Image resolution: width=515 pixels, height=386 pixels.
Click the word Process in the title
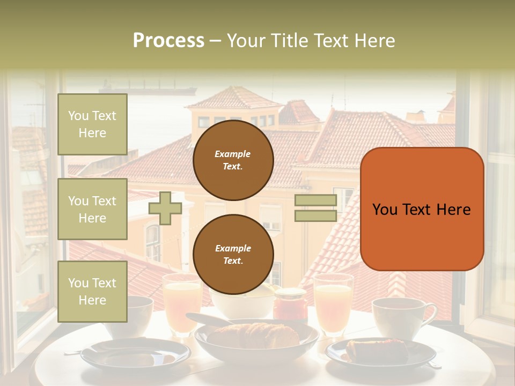168,41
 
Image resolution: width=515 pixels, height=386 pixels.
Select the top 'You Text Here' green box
92,124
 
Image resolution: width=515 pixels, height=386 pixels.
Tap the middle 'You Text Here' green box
92,209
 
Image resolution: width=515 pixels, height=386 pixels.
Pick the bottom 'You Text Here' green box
92,292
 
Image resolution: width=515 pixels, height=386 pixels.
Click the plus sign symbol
165,208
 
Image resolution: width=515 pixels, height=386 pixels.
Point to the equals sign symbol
316,208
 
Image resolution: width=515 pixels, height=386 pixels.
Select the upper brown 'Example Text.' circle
233,160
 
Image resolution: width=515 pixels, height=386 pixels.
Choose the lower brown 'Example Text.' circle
233,255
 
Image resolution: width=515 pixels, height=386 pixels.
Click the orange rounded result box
422,209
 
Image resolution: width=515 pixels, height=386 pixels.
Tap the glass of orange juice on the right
333,303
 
